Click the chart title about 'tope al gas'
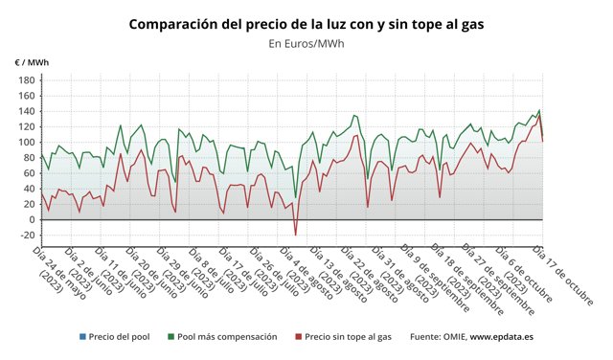(306, 23)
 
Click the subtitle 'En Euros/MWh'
(306, 43)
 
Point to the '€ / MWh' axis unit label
(32, 63)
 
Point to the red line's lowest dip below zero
(295, 235)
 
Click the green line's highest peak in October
(539, 110)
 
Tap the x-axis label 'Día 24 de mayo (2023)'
(57, 273)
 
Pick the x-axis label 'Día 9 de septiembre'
(437, 275)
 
